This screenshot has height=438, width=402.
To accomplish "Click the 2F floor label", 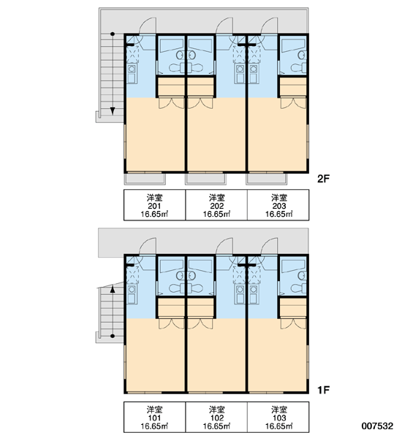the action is tap(324, 179).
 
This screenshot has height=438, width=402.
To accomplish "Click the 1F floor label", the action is tap(323, 390).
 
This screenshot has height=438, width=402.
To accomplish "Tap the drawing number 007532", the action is tap(377, 426).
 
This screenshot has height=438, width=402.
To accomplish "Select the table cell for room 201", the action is tap(155, 205).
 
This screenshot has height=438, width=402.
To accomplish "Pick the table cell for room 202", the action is tap(216, 205).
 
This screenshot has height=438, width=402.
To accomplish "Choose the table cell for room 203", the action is tap(278, 205).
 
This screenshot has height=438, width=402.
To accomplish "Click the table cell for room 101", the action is tap(155, 417).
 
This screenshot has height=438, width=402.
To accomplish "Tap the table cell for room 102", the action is tap(216, 417).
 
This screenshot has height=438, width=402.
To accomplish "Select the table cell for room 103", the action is tap(278, 417).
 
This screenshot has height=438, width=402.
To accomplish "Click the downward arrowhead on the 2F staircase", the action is tap(113, 111).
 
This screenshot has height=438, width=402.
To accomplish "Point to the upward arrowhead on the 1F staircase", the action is tap(113, 288).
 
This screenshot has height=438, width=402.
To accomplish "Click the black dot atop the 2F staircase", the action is tap(113, 34).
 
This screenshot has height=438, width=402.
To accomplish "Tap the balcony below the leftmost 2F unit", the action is tap(145, 179).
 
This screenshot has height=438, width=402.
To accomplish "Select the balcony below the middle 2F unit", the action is tap(205, 179).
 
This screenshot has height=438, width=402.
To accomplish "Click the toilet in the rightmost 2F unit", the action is tap(298, 68).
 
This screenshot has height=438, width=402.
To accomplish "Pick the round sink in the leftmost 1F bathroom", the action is tap(181, 276).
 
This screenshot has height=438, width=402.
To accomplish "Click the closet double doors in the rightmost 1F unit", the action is tap(293, 323).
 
